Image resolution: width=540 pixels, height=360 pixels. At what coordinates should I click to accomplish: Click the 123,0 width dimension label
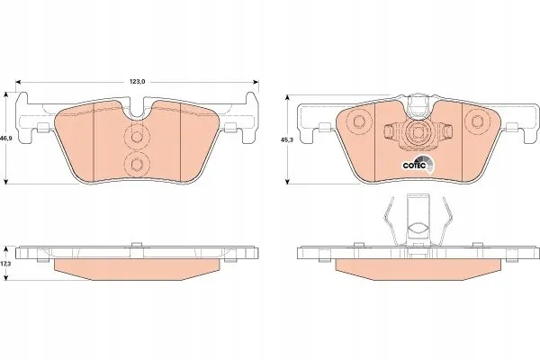[138, 82]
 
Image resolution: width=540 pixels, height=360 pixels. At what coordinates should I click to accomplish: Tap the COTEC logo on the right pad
[418, 164]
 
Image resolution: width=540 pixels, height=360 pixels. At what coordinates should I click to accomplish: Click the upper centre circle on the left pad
[137, 137]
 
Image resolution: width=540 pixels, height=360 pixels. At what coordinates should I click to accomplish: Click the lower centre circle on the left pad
[137, 164]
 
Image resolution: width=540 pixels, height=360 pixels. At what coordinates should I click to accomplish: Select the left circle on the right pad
[358, 121]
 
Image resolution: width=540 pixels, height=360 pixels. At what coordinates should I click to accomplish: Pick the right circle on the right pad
[477, 121]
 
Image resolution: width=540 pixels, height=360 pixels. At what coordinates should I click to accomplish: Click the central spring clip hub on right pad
[418, 132]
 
